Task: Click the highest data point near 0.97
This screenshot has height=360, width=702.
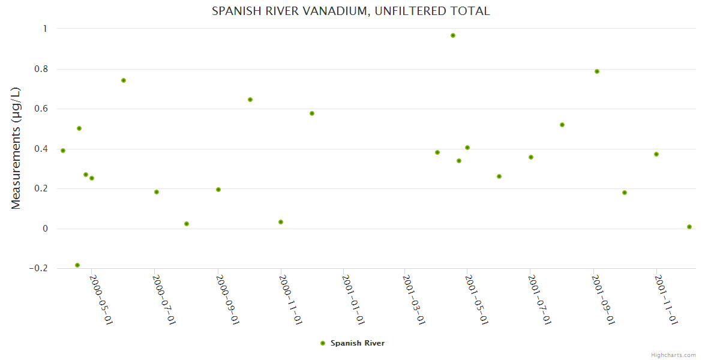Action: point(453,35)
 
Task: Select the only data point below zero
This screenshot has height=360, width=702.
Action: point(77,265)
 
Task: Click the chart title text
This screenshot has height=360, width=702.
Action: point(351,11)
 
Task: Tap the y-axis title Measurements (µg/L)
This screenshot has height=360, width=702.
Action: point(16,148)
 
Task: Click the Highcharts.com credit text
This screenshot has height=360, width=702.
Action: point(673,355)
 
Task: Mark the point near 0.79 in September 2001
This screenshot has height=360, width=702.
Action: point(597,71)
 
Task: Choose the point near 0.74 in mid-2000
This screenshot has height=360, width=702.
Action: point(124,80)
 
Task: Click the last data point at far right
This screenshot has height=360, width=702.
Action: point(689,227)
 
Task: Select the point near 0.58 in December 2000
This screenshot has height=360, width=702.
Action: point(312,113)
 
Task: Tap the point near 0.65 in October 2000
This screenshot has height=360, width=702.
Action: point(250,100)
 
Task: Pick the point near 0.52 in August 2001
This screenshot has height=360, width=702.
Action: point(562,125)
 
